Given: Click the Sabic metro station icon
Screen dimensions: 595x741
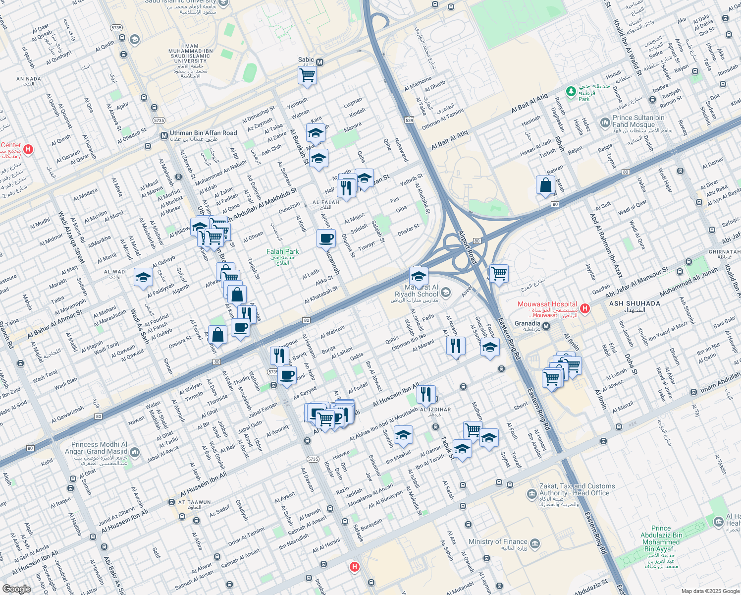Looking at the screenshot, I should point(320,62).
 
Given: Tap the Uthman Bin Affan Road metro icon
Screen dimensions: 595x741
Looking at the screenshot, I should point(164,135).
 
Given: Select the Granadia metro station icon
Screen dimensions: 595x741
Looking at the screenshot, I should point(546,326).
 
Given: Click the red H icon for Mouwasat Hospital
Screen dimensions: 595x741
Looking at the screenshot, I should point(585,308).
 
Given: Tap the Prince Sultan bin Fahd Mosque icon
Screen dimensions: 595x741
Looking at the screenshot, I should point(604,122).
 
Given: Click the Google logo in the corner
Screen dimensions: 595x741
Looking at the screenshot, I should point(16,589).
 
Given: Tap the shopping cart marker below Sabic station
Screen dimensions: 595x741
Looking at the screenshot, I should point(308,76).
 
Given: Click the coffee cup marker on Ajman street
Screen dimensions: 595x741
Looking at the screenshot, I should point(326,238).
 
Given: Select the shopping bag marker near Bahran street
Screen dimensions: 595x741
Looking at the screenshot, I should point(545,185).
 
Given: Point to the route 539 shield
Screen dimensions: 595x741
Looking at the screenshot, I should point(409,120).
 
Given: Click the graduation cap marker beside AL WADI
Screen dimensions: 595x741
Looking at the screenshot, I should point(143,277).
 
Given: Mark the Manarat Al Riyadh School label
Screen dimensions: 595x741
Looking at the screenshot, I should point(417,291).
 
